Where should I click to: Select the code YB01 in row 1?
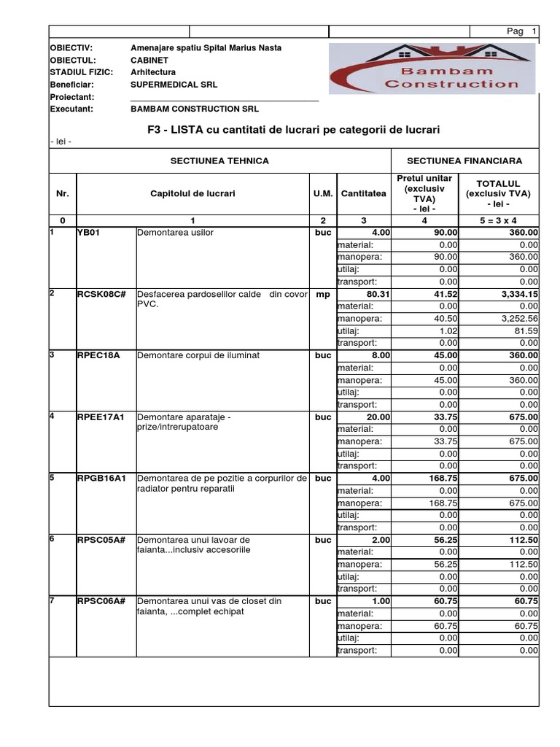88,233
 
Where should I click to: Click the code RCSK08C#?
101,294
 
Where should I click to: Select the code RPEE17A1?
101,417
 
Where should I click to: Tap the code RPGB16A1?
101,479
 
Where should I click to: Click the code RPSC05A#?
101,540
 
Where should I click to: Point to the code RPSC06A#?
101,601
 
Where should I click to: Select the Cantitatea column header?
362,194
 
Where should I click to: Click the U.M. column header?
323,194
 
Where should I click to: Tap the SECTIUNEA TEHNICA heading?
219,160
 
